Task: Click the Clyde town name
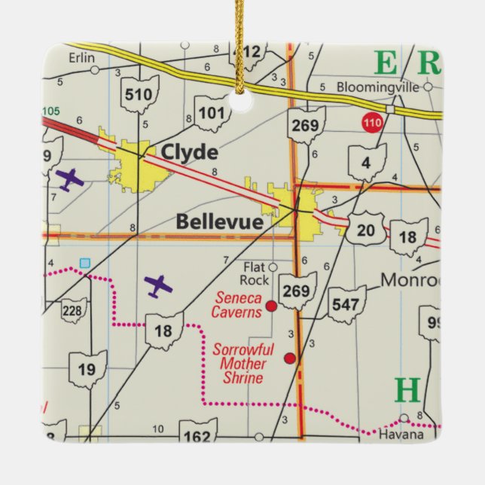pyautogui.click(x=188, y=153)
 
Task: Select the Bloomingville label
pyautogui.click(x=377, y=87)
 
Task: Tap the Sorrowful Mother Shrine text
pyautogui.click(x=239, y=364)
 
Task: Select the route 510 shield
pyautogui.click(x=140, y=94)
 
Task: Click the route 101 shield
pyautogui.click(x=211, y=114)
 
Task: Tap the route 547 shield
pyautogui.click(x=346, y=304)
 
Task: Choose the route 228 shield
pyautogui.click(x=74, y=311)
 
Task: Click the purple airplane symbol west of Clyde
pyautogui.click(x=69, y=179)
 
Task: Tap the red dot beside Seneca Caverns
pyautogui.click(x=271, y=307)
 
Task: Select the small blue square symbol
pyautogui.click(x=84, y=262)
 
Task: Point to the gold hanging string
pyautogui.click(x=242, y=38)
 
